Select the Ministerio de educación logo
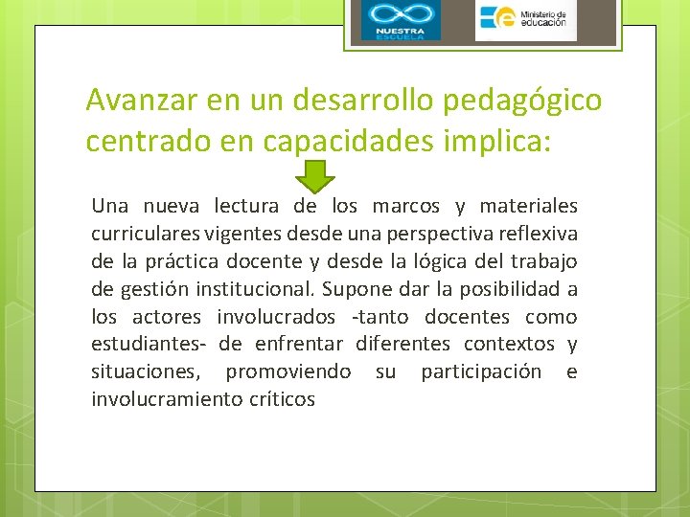pos(525,21)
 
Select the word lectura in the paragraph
pos(245,206)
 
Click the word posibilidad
pos(508,289)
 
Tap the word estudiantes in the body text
pos(149,344)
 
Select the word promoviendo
pos(287,372)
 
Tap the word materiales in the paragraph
pos(530,206)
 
